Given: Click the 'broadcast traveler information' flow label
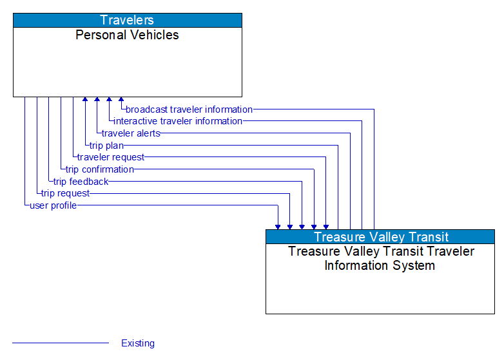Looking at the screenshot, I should pos(189,109).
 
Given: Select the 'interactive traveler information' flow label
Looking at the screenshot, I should pos(178,121).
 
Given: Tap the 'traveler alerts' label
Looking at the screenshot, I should pos(131,133).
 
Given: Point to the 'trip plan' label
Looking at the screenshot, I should pos(106,146).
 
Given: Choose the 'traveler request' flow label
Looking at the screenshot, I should pos(111,157).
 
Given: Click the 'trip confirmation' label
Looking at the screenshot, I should pos(100,169).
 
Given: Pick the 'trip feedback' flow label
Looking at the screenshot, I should pos(81,182).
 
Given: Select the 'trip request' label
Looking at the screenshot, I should pos(66,193).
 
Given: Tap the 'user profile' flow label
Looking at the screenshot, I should pos(53,205).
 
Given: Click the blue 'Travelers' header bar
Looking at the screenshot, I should pos(128,20).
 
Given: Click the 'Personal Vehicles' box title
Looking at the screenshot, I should pos(128,35).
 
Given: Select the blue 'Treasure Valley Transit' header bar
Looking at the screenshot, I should pos(380,236).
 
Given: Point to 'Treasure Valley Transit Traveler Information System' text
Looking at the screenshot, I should pos(380,258).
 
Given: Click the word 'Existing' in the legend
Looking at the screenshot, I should pos(138,343).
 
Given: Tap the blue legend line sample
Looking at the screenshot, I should pos(61,343).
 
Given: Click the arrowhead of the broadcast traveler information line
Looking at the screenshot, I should pos(121,100).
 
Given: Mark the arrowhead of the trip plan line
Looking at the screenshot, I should pos(85,100).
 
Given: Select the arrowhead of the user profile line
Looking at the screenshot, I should pos(278,227).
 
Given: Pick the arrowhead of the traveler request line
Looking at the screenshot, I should pos(326,227).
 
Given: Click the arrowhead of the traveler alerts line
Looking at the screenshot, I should pos(97,100).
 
